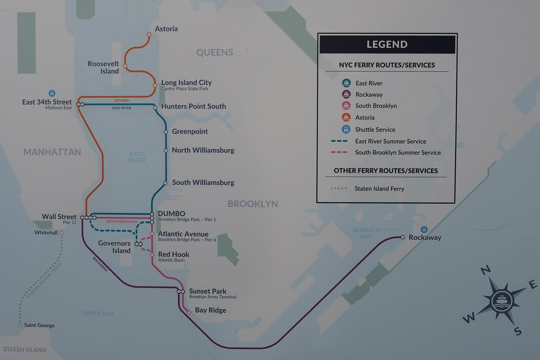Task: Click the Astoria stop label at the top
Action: [x=166, y=29]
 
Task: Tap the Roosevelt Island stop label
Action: [x=103, y=67]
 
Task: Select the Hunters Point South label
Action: [x=194, y=106]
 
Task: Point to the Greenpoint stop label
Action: [x=190, y=131]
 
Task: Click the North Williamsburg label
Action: [x=203, y=150]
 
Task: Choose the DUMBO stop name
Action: [x=171, y=213]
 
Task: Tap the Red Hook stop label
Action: [x=173, y=254]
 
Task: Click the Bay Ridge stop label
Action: [x=210, y=310]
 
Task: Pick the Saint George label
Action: [x=40, y=325]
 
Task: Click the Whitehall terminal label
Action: [x=46, y=232]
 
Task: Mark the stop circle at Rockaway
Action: [x=402, y=237]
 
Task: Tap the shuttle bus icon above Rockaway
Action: [x=424, y=229]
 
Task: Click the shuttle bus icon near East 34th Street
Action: [x=52, y=93]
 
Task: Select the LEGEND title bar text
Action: [x=387, y=44]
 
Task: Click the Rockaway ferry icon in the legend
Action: [x=346, y=94]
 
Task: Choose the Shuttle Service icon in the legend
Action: [x=346, y=129]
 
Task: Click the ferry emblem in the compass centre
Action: [x=501, y=301]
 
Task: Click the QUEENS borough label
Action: [x=215, y=52]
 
